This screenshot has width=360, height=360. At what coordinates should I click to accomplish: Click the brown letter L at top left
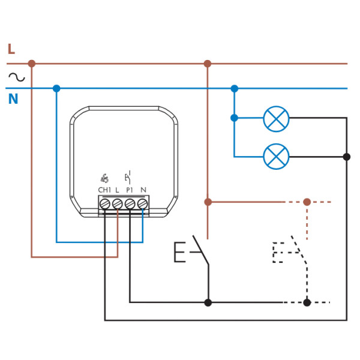11,49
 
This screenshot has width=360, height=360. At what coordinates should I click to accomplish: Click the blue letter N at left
13,99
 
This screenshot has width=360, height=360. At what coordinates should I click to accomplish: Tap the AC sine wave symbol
16,76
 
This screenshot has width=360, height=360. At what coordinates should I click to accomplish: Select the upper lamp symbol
276,118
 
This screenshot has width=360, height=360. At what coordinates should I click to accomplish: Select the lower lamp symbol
276,157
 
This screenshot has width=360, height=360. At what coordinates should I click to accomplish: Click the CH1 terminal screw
105,204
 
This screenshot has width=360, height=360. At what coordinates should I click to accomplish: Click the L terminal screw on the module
118,204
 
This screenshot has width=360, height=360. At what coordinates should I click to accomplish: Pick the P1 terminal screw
130,204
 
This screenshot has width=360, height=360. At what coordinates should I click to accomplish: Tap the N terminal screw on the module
142,204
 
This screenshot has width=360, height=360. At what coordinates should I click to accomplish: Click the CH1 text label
104,190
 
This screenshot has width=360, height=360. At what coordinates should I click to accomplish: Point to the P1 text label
130,190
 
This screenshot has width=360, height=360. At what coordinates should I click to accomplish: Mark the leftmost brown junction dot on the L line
32,64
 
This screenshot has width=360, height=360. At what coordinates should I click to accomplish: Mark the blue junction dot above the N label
56,88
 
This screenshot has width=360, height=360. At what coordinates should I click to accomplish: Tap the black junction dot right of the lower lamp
346,157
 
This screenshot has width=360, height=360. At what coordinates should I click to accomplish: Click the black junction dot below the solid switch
208,302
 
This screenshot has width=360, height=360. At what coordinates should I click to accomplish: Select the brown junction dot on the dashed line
307,202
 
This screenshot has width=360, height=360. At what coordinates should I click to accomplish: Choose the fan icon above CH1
104,178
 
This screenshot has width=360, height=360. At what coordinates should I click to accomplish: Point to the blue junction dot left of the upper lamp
234,118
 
